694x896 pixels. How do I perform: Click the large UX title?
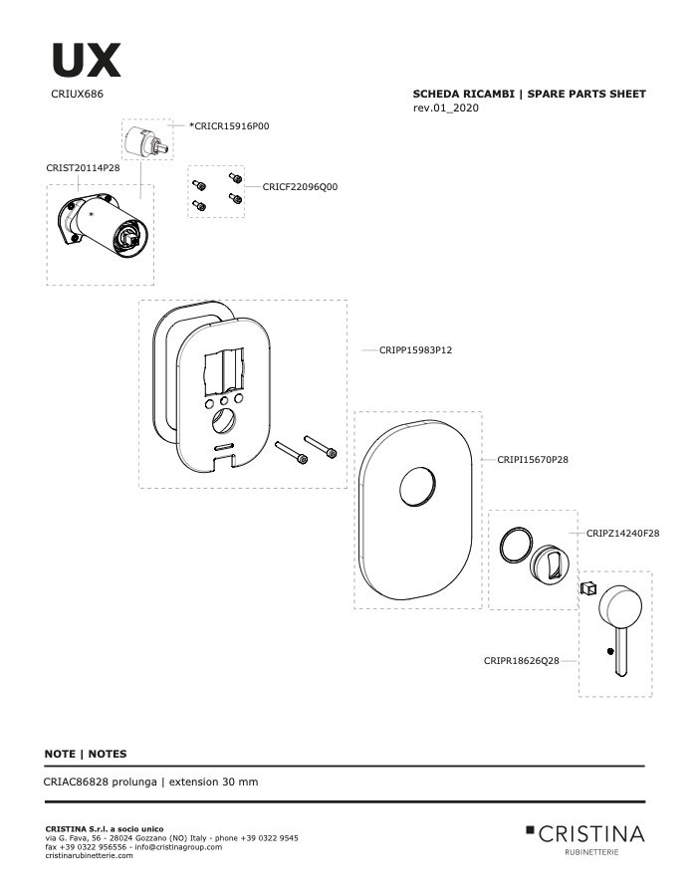pos(87,60)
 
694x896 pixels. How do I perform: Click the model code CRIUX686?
pos(78,95)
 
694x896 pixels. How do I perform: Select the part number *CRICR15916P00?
pos(229,126)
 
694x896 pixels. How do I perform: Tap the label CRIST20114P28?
pos(83,168)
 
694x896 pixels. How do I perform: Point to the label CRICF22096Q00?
pos(300,187)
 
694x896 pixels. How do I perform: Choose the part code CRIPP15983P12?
pos(415,350)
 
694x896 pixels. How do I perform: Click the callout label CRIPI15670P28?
pos(533,459)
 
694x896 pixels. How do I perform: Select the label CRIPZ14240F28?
pos(622,534)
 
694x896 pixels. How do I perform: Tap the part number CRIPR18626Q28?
pos(522,661)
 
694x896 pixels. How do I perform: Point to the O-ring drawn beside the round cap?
pos(516,546)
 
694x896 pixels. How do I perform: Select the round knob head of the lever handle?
pos(619,605)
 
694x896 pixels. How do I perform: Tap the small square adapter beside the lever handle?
pos(588,587)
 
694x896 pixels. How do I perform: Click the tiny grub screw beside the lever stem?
pos(611,651)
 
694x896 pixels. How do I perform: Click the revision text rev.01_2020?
pos(446,108)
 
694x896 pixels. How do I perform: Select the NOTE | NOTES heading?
pos(86,754)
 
